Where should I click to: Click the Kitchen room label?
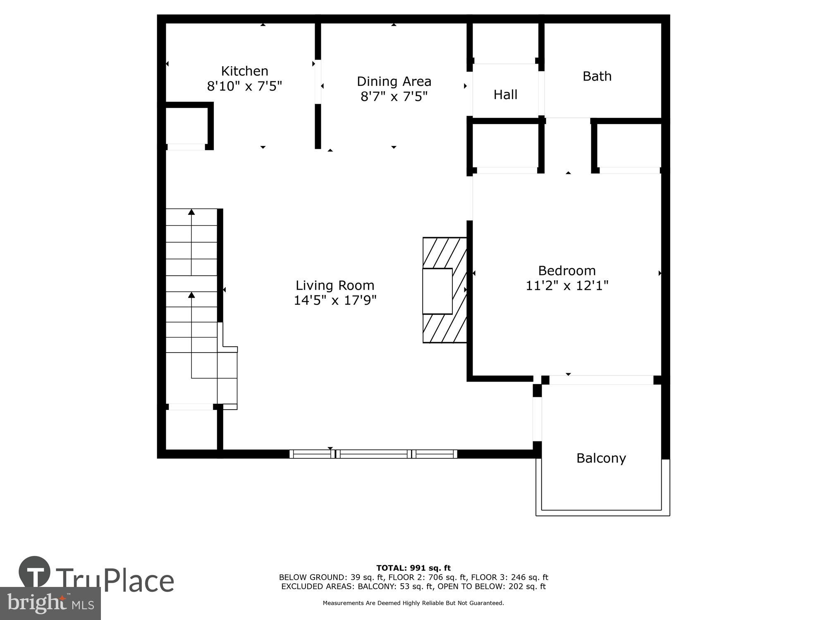(x=244, y=71)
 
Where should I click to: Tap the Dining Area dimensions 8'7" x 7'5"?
(x=394, y=97)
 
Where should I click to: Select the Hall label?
(x=505, y=95)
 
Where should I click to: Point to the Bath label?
(x=597, y=76)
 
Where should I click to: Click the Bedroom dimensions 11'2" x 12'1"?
(x=566, y=286)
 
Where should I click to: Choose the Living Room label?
(x=335, y=285)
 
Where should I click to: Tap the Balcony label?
(x=601, y=458)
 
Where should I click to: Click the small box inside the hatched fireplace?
(x=437, y=291)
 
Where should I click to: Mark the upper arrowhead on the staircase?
(x=191, y=212)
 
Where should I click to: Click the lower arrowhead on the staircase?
(x=191, y=295)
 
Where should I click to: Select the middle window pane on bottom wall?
(x=373, y=454)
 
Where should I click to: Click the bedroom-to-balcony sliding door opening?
(x=601, y=380)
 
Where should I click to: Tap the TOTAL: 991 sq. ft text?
(x=413, y=568)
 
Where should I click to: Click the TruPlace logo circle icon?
(x=34, y=572)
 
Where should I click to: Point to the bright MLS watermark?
(x=50, y=604)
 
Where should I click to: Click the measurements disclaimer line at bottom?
(x=413, y=603)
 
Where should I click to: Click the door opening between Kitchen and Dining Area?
(x=318, y=82)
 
